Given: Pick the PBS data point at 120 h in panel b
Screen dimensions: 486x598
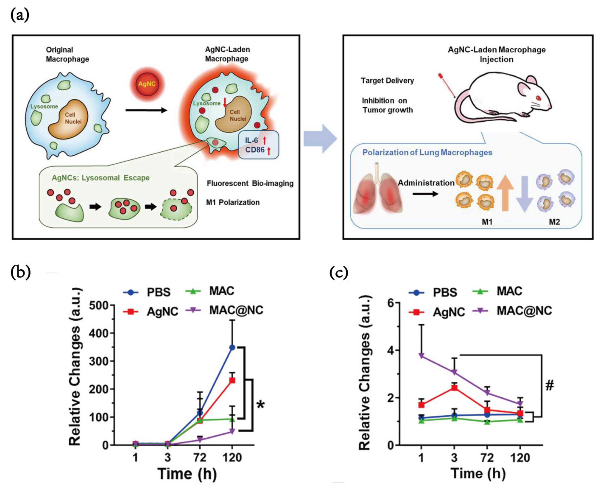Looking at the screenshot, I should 232,347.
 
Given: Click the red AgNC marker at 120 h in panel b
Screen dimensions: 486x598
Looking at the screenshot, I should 232,380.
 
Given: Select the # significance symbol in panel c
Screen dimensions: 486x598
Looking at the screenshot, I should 550,386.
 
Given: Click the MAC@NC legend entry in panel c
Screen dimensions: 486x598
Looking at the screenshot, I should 524,311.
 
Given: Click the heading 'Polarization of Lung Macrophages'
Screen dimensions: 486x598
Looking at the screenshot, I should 427,153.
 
